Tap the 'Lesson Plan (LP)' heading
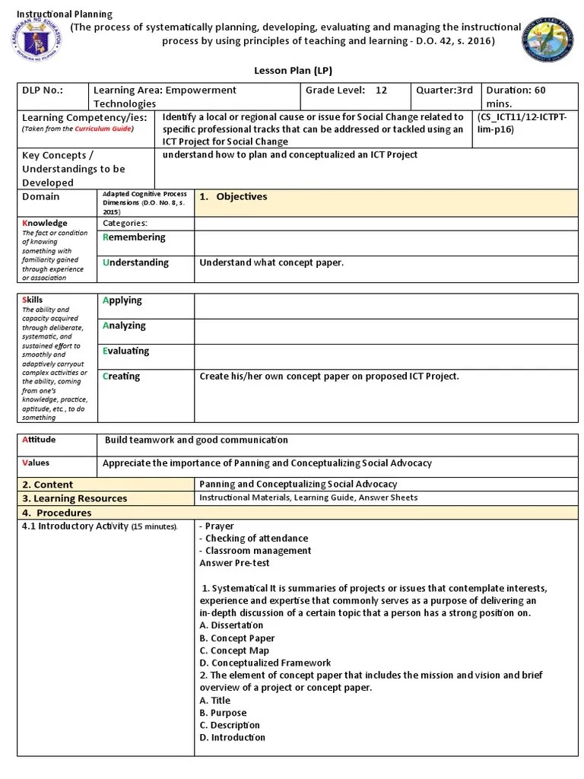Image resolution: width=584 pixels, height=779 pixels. pyautogui.click(x=293, y=70)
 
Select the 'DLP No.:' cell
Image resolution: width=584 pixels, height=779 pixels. pyautogui.click(x=43, y=91)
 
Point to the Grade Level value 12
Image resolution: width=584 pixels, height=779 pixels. pyautogui.click(x=381, y=91)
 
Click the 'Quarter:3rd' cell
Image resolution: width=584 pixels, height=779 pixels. pyautogui.click(x=444, y=91)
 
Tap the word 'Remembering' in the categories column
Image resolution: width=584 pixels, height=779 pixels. pyautogui.click(x=134, y=237)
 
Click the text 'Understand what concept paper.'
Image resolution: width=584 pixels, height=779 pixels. pyautogui.click(x=271, y=263)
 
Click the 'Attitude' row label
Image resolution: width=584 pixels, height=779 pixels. pyautogui.click(x=40, y=440)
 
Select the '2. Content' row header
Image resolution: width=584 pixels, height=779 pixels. pyautogui.click(x=48, y=485)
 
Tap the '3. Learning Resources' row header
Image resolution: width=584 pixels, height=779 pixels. pyautogui.click(x=75, y=498)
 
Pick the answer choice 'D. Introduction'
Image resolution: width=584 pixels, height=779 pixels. pyautogui.click(x=233, y=737)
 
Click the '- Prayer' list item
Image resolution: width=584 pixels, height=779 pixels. pyautogui.click(x=217, y=526)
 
